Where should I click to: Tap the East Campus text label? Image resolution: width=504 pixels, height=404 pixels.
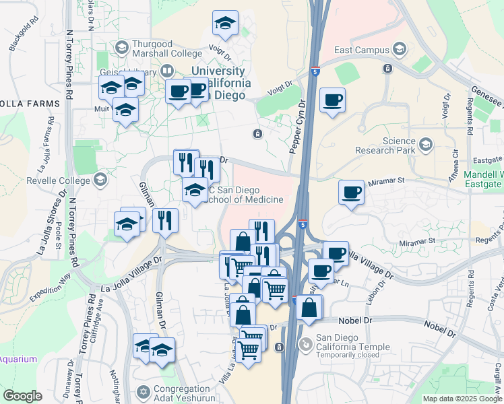click(x=362, y=50)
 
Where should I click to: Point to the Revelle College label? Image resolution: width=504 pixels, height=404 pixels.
click(x=59, y=180)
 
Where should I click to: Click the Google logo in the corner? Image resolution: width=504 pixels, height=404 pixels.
click(x=22, y=396)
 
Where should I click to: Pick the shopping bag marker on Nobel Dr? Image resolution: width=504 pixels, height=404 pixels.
click(x=309, y=308)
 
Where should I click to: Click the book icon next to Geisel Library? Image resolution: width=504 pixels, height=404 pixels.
click(x=166, y=71)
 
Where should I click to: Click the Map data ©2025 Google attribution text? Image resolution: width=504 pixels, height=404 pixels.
click(x=462, y=399)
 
